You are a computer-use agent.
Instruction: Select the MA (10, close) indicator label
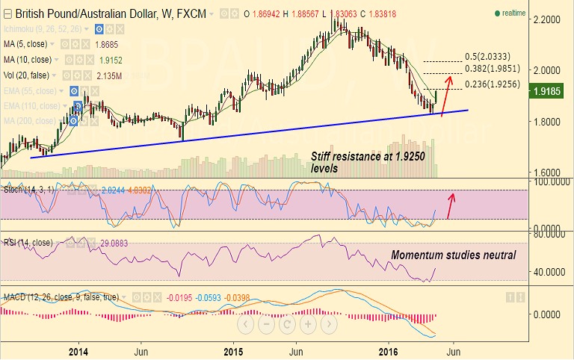(28, 59)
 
